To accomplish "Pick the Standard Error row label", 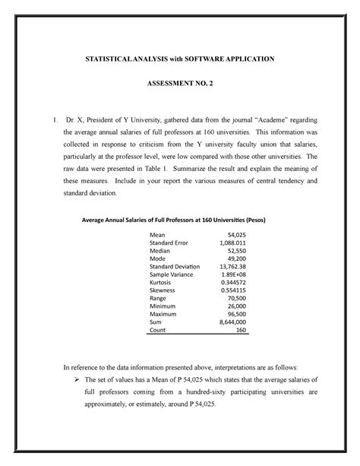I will click(169, 243).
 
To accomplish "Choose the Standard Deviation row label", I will click(175, 267).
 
